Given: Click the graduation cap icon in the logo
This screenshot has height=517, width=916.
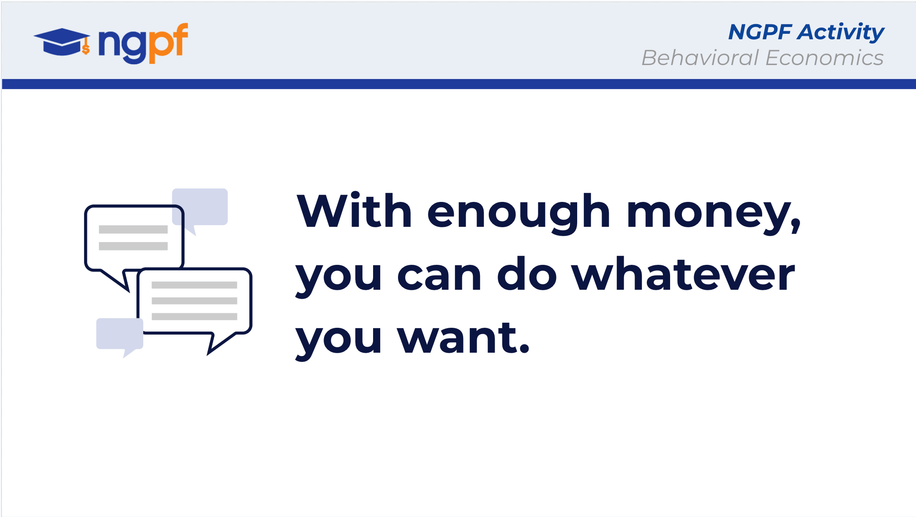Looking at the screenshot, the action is click(62, 42).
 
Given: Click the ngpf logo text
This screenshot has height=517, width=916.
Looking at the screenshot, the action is click(143, 43).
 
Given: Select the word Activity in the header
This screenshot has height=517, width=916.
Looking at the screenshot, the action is click(840, 33).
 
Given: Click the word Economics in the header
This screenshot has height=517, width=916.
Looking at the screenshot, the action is click(824, 58).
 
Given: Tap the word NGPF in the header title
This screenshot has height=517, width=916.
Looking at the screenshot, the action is click(760, 32).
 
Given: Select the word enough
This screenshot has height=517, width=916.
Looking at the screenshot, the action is click(518, 213).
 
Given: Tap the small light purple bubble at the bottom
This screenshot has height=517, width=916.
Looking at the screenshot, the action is click(120, 336).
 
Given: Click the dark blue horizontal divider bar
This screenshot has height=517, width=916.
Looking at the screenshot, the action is click(459, 84).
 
